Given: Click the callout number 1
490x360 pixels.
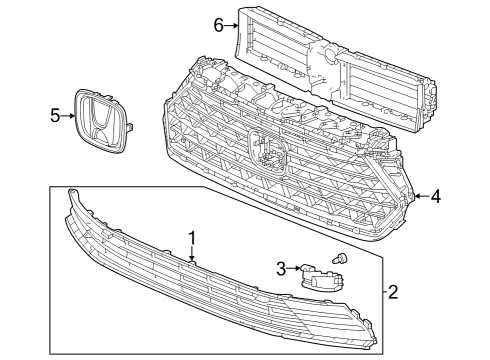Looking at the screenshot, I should coord(192,237).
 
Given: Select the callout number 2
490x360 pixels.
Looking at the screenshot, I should coord(393,293).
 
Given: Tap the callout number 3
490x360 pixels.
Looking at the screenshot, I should coord(282,267).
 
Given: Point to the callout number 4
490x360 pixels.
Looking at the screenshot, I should coord(436,196).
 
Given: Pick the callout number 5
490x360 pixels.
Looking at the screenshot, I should coord(56,116).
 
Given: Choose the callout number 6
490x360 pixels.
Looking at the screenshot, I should coord(218,24).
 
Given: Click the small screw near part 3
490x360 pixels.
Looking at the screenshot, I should coord(339,259).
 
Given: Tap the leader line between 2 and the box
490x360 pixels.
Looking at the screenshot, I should coord(382,293).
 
